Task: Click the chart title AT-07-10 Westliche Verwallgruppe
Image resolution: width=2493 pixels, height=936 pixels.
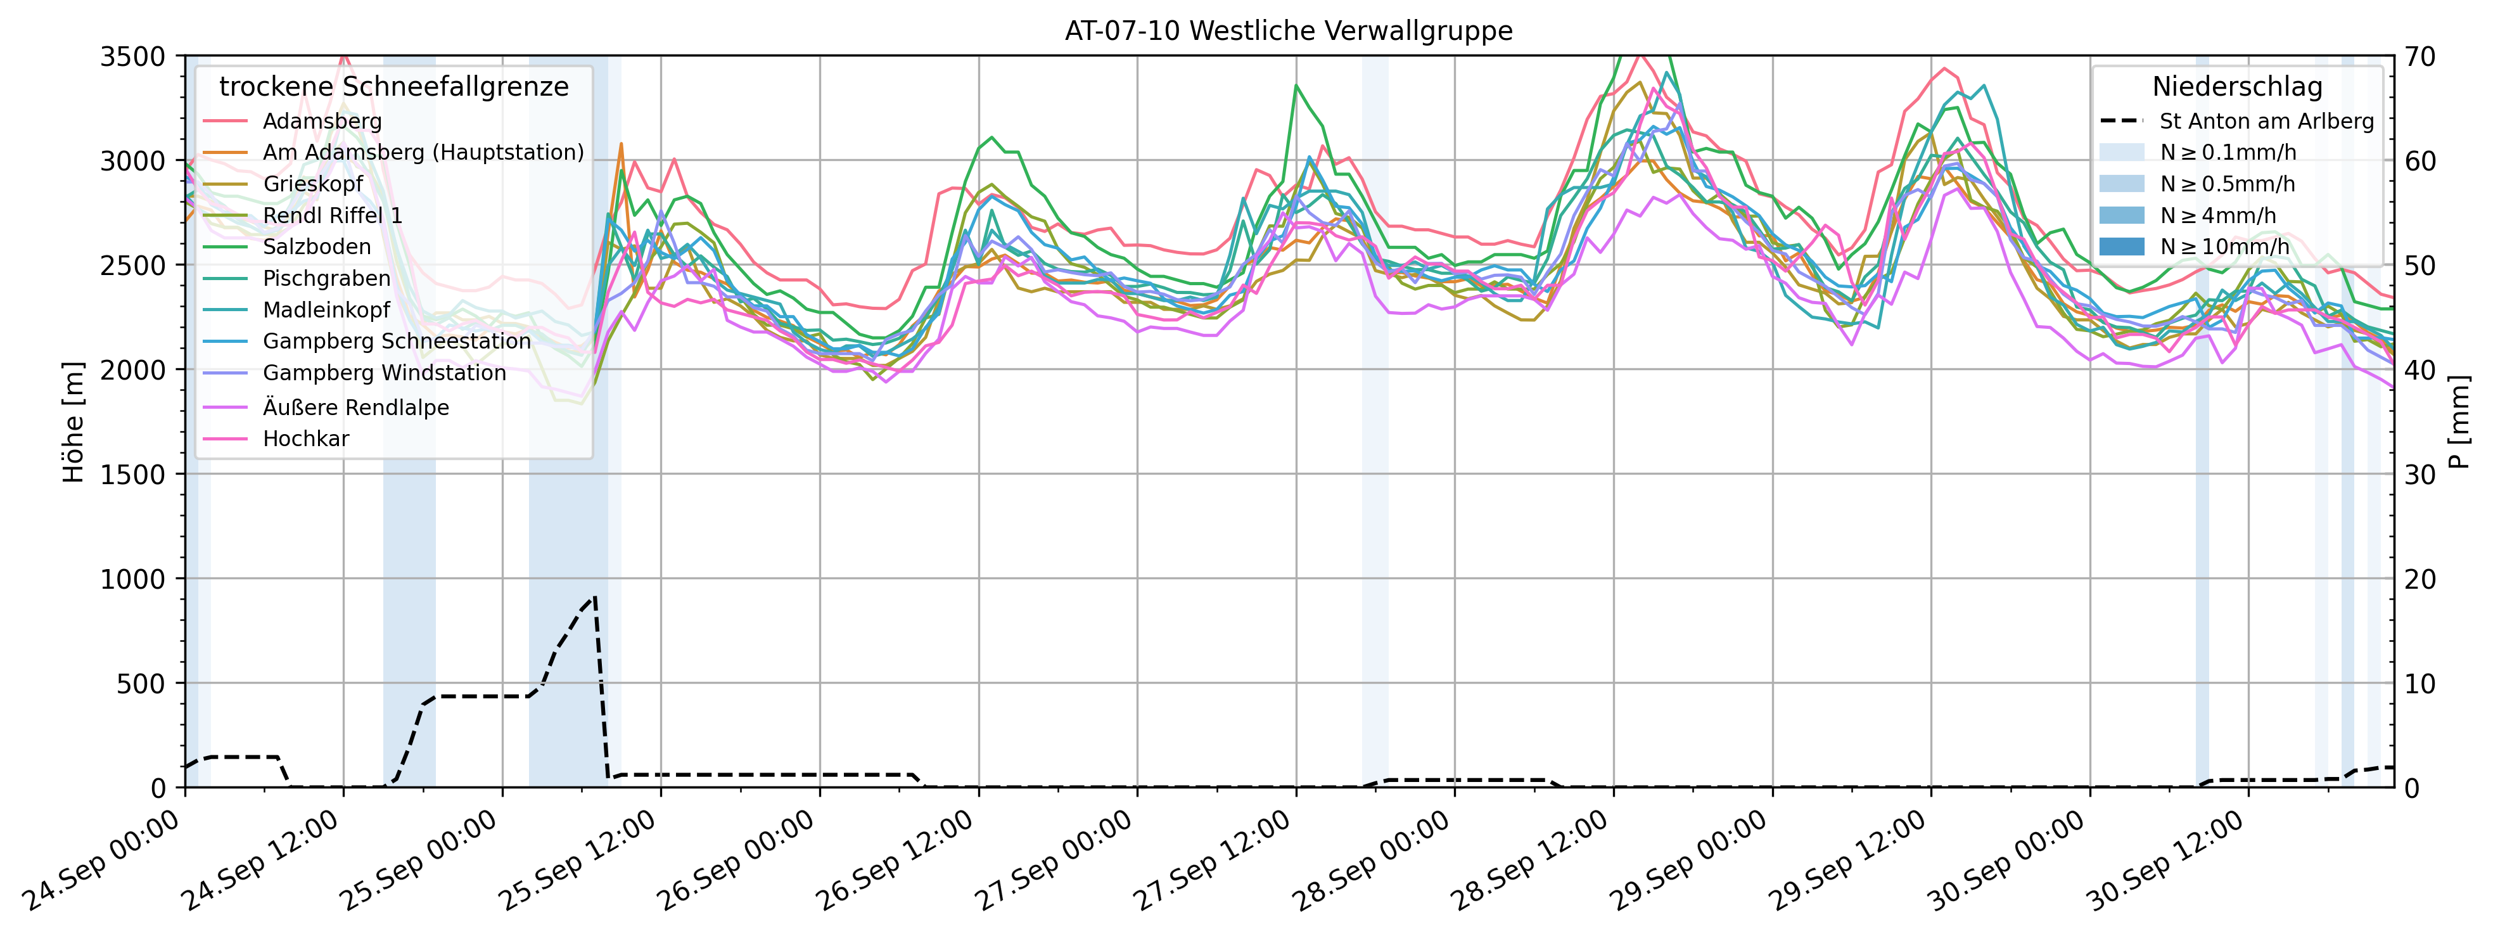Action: tap(1288, 31)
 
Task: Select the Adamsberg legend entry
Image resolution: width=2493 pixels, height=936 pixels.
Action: tap(322, 121)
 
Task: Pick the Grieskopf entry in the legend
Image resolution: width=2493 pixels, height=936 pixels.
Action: tap(312, 184)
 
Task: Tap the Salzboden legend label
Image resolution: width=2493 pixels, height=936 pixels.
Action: tap(317, 247)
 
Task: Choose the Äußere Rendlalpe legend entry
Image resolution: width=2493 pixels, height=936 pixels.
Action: tap(355, 407)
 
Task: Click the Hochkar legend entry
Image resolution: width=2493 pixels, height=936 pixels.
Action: tap(306, 439)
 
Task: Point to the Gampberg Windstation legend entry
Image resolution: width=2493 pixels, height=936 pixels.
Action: tap(384, 373)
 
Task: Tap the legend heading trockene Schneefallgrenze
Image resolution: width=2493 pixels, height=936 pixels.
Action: tap(394, 87)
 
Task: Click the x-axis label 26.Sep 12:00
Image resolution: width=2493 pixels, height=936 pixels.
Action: tap(895, 861)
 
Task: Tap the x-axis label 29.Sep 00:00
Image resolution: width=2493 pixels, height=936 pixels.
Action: tap(1689, 861)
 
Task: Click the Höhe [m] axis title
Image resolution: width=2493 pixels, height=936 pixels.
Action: tap(73, 422)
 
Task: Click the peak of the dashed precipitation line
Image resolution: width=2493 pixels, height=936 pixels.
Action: tap(594, 596)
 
